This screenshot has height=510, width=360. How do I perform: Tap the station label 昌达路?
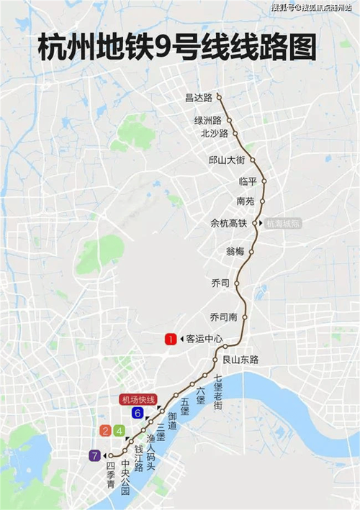[198, 97]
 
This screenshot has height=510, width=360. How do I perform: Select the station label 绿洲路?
[208, 120]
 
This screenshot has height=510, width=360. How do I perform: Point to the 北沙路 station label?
[214, 133]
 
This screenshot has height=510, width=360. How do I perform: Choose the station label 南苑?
[246, 201]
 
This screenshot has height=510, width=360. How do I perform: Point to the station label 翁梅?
[235, 251]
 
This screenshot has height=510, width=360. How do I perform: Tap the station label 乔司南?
[223, 317]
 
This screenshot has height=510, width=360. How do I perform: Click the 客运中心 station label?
[205, 339]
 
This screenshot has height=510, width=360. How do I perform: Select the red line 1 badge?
[171, 339]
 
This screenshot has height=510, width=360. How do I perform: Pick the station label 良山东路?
[240, 359]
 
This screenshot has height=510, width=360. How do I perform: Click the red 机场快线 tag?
[137, 399]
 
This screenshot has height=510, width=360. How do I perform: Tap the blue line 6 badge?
[137, 413]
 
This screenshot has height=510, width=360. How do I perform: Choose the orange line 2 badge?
[106, 431]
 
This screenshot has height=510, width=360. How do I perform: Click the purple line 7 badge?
[94, 455]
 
